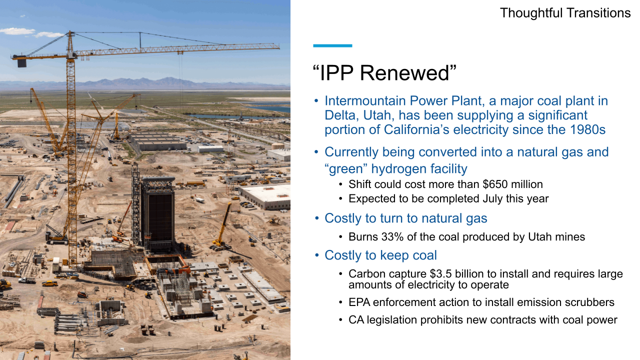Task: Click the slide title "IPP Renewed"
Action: point(384,73)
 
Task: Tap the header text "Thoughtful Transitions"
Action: point(565,13)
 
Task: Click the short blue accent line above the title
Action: point(332,45)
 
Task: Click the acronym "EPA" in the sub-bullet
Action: point(359,302)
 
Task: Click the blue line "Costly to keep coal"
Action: point(380,255)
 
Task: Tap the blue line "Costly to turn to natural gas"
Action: point(405,218)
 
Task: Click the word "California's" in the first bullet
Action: point(419,129)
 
